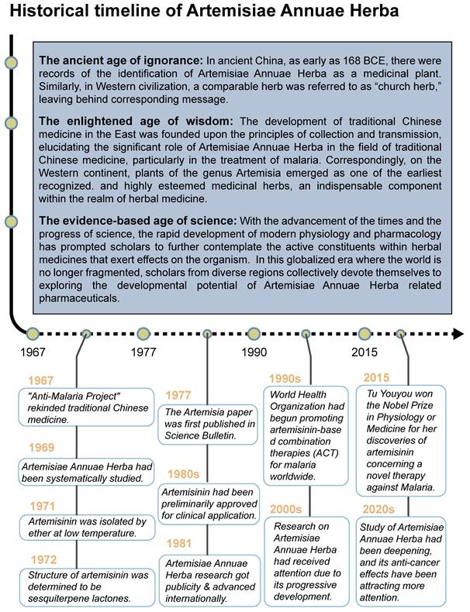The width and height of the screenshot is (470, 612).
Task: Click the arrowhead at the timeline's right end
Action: click(x=458, y=334)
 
